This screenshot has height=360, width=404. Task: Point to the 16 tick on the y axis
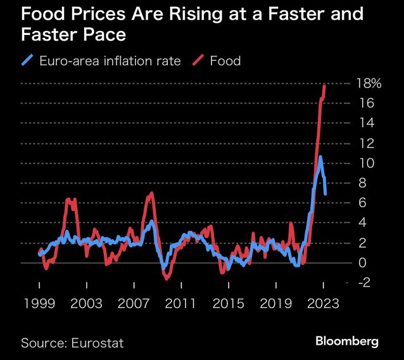point(364,103)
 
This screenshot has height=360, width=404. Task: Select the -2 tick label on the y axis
point(364,283)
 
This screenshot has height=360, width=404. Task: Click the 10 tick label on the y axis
point(364,163)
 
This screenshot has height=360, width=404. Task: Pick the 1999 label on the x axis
point(40,304)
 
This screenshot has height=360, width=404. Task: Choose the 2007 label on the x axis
point(134,304)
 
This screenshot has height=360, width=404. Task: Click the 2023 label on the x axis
point(323,304)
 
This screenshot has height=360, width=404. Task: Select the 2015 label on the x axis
point(229,304)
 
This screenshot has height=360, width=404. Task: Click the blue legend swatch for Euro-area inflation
point(27,61)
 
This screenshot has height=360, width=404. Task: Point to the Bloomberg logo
point(347,342)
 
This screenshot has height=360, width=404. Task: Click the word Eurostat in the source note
point(98,343)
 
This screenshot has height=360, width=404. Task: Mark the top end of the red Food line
point(325,85)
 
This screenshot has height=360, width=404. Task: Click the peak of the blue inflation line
point(320,157)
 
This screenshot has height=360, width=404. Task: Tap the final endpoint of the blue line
point(325,193)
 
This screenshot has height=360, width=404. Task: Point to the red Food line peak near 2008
point(150,193)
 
